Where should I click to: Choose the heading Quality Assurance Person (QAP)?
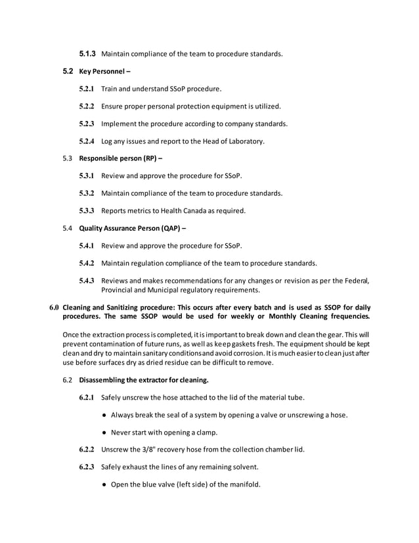[x=132, y=228]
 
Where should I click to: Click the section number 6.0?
[x=55, y=308]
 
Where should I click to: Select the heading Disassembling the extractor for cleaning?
[x=143, y=380]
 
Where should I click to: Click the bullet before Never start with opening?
[x=106, y=433]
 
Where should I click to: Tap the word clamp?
[x=203, y=433]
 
